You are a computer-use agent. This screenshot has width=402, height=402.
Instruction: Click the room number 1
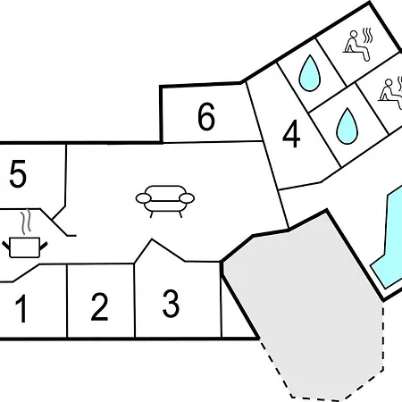click(22, 308)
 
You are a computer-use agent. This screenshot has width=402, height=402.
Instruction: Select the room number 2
click(99, 306)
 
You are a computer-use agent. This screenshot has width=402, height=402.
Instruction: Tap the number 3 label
click(172, 304)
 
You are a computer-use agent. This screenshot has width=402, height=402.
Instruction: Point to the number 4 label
click(291, 134)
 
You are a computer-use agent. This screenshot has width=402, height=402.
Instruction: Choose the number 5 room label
click(18, 173)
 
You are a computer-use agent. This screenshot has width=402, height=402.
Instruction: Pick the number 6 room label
click(206, 116)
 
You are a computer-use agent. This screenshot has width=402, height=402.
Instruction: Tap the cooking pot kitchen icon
click(25, 247)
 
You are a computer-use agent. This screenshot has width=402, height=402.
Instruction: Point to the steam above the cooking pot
click(27, 221)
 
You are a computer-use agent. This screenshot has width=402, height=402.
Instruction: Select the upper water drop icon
click(310, 73)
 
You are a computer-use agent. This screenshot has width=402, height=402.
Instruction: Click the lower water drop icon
click(347, 126)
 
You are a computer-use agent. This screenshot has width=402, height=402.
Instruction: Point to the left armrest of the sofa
click(144, 198)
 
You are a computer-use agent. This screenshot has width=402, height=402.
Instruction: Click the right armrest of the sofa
click(187, 198)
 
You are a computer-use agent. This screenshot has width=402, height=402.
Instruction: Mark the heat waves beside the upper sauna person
click(368, 36)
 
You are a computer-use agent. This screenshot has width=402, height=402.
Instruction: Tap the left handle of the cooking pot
click(6, 246)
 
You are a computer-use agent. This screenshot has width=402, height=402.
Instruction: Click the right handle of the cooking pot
click(44, 246)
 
